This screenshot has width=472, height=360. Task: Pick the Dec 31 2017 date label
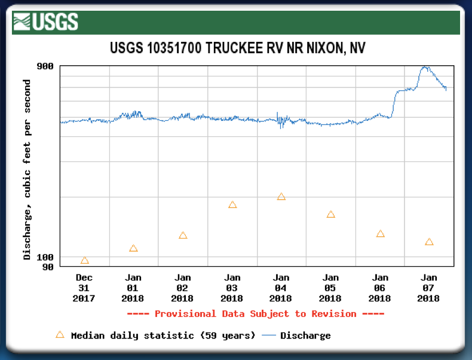tap(84, 288)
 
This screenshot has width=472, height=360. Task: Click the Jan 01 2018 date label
tap(133, 288)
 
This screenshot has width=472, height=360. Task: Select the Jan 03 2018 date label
tap(232, 288)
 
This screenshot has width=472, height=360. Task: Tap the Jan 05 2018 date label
tap(330, 288)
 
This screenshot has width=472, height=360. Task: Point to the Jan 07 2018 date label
tap(429, 288)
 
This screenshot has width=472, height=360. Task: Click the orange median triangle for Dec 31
tap(84, 260)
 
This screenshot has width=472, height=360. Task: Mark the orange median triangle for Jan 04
tap(281, 196)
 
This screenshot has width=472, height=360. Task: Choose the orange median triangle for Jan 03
tap(232, 205)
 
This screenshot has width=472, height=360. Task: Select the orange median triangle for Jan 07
tap(429, 242)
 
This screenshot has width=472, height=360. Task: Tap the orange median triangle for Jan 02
tap(183, 235)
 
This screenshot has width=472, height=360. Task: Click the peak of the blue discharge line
tap(425, 67)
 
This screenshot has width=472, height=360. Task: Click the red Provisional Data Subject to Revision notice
tap(255, 314)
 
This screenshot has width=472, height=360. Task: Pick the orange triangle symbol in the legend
tap(59, 335)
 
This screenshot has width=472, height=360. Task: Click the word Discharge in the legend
tap(305, 335)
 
